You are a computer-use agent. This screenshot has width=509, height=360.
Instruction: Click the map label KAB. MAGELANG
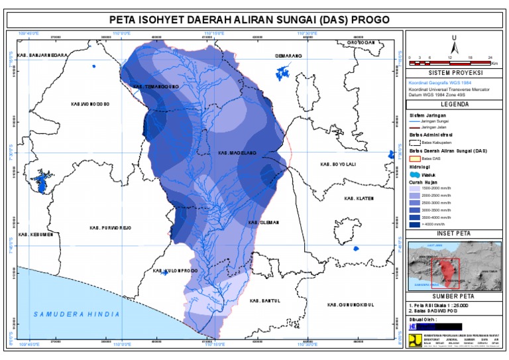pos(233,153)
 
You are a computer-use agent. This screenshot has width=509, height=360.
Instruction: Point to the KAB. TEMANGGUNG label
pos(156,86)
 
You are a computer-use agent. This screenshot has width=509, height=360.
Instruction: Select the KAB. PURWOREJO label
pos(111,227)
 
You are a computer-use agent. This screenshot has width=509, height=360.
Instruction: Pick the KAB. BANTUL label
pos(265,301)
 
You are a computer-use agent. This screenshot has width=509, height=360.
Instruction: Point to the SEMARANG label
pos(288,56)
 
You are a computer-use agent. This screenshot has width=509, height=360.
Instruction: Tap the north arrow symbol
pos(454,44)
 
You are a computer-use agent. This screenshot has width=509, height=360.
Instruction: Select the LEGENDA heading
pos(454,104)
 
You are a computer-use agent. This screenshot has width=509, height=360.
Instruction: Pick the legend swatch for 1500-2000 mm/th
pos(416,188)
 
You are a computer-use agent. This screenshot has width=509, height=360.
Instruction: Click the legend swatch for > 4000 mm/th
pos(416,225)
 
